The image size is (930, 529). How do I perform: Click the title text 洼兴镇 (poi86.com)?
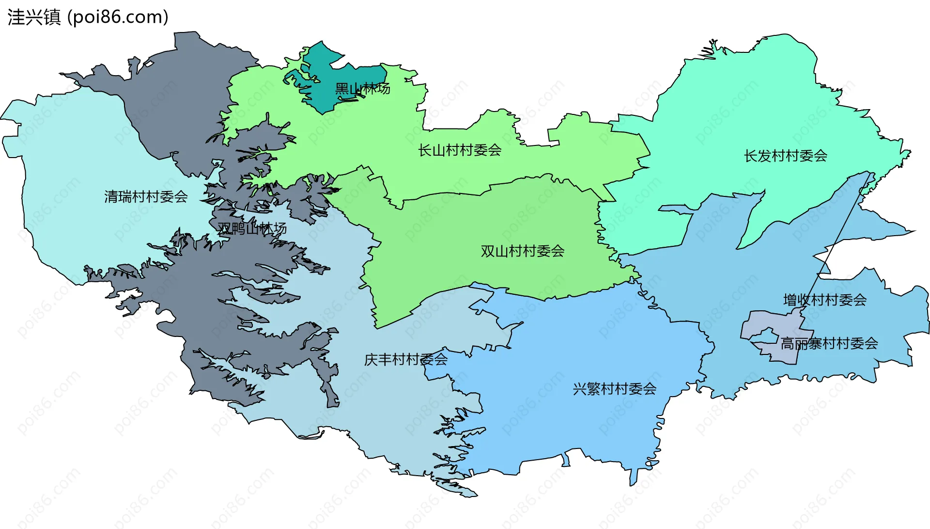(88, 17)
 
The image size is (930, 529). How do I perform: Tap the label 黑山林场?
(362, 89)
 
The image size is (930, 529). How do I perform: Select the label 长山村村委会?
(459, 150)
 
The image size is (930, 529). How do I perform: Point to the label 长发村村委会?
(785, 156)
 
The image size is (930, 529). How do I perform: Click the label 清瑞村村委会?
(146, 197)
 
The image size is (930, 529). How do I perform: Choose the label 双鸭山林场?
(252, 228)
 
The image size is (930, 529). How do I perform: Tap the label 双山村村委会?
(522, 251)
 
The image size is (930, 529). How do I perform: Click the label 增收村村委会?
(824, 300)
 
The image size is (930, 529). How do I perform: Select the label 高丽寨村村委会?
(829, 344)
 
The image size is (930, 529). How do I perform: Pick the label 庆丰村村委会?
(405, 360)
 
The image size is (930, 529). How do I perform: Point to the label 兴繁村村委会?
(614, 389)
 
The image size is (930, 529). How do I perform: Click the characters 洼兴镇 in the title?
(34, 17)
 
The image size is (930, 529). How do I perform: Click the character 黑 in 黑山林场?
(342, 89)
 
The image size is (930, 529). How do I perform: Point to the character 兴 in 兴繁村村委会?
(579, 389)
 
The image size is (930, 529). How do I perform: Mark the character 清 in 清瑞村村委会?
(111, 197)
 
